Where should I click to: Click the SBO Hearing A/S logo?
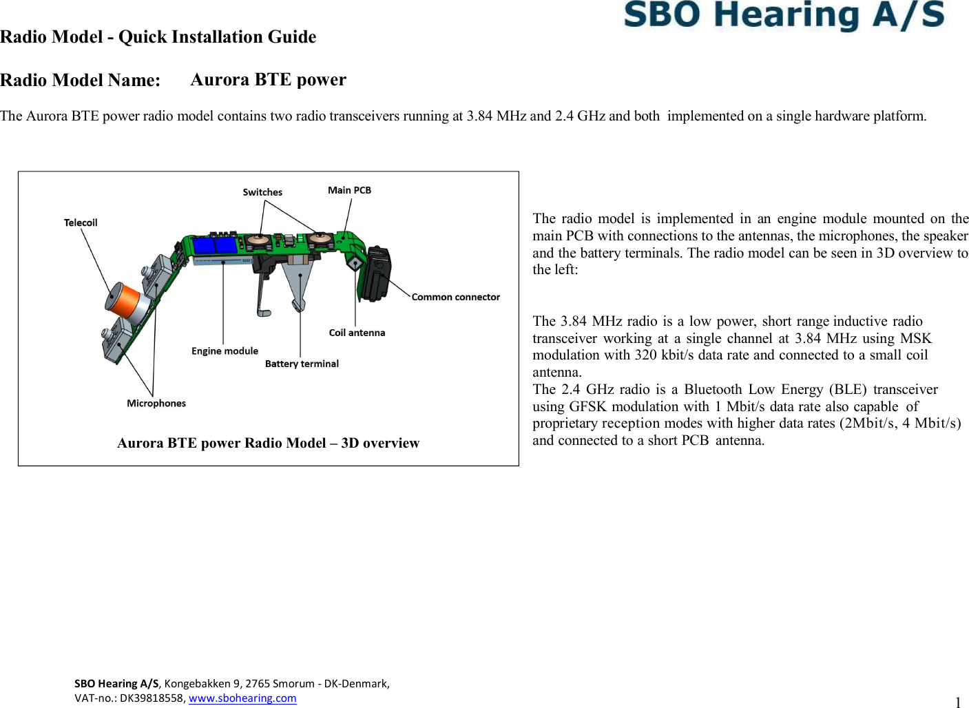click(x=784, y=15)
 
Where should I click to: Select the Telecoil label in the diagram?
click(x=81, y=222)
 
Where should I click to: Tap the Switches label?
click(x=262, y=192)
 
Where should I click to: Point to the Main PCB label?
click(x=349, y=190)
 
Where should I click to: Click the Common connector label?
click(x=455, y=297)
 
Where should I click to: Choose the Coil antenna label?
click(x=357, y=333)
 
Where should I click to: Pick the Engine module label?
click(x=225, y=351)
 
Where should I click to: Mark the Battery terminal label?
click(x=302, y=364)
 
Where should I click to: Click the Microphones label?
click(x=156, y=403)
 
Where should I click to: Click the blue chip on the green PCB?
click(x=215, y=245)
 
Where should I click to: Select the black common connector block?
click(x=376, y=273)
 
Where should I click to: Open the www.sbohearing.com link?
click(x=242, y=698)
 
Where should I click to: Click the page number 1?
click(x=958, y=702)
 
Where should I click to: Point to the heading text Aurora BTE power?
click(x=268, y=80)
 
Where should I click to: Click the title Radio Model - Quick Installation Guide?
click(x=158, y=37)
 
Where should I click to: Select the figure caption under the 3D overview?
click(x=268, y=443)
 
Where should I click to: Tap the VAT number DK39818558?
click(x=153, y=698)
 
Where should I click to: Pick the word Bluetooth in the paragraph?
click(x=713, y=389)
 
